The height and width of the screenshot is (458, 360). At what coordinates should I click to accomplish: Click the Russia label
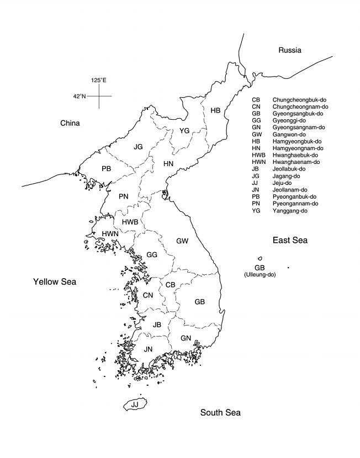tap(290, 50)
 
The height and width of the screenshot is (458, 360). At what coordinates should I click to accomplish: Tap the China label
tap(70, 123)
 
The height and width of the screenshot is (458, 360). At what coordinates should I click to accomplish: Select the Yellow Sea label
tap(55, 282)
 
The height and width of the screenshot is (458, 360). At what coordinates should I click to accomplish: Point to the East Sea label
tap(290, 240)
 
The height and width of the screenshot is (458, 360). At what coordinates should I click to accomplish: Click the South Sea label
tap(220, 412)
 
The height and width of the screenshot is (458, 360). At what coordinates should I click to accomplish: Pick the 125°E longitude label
tap(99, 81)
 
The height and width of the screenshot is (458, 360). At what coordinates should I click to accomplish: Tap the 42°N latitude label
tap(80, 96)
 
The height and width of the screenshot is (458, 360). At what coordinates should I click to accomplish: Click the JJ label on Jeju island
tap(135, 404)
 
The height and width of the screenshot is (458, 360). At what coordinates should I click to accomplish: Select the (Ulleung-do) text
tap(260, 274)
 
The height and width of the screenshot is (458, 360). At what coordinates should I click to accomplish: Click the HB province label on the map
tap(215, 110)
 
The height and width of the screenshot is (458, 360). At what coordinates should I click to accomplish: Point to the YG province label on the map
tap(184, 131)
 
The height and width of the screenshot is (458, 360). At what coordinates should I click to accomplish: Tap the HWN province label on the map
tap(109, 234)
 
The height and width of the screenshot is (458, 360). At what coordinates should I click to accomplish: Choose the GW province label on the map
tap(182, 241)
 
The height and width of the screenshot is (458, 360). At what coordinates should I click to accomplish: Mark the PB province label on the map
tap(107, 168)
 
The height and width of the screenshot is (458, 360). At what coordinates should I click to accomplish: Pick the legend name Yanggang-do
tap(290, 211)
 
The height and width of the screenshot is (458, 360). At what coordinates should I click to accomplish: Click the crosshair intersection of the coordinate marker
tap(99, 96)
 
